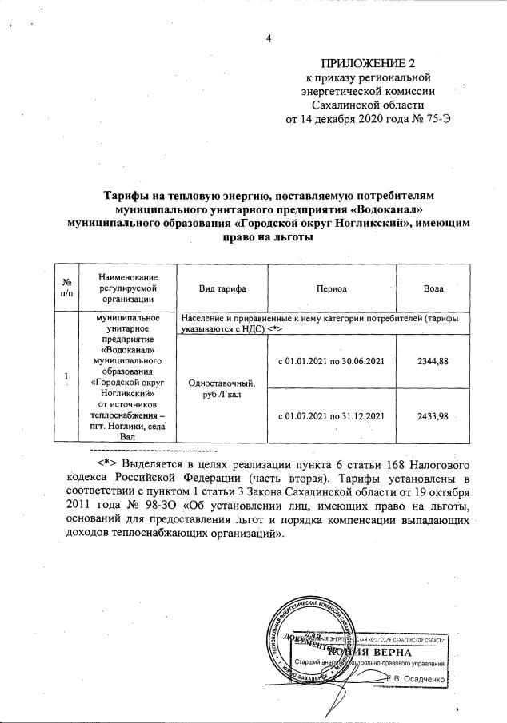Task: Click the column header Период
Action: [330, 287]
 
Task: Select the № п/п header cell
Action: [67, 287]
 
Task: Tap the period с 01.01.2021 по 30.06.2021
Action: [331, 361]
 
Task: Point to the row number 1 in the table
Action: [67, 376]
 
